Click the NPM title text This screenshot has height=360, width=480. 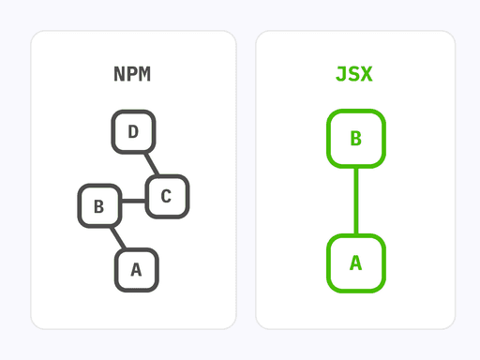point(133,75)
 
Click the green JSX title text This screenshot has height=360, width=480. point(355,75)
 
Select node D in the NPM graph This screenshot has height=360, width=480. point(133,131)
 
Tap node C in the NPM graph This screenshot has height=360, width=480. point(167,196)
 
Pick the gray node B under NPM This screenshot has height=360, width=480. point(99,206)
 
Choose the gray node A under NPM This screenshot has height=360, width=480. point(136,270)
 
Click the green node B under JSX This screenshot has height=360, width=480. point(355,139)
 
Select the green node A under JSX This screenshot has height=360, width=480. point(355,262)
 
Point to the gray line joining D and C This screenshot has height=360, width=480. point(150,164)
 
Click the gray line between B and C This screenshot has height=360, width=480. point(133,201)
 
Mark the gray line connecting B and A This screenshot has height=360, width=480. point(116,236)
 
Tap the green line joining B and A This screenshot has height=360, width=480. point(355,201)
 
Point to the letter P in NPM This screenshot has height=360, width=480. point(133,75)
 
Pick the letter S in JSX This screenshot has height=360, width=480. point(355,75)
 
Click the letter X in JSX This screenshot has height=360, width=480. point(367,75)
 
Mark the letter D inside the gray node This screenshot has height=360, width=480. point(133,131)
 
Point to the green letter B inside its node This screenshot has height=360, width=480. point(355,139)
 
